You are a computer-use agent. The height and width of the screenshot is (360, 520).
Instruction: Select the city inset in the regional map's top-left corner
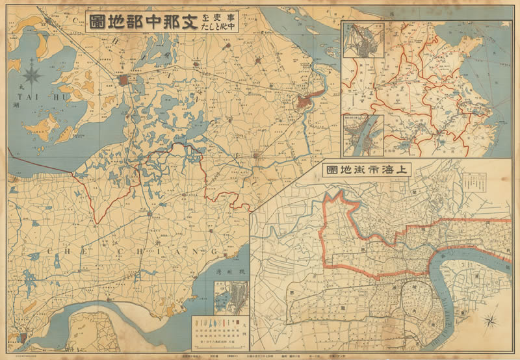[362, 40]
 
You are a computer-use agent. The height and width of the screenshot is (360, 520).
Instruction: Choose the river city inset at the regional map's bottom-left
[363, 135]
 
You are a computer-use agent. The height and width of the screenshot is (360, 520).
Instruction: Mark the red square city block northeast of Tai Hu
[123, 81]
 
